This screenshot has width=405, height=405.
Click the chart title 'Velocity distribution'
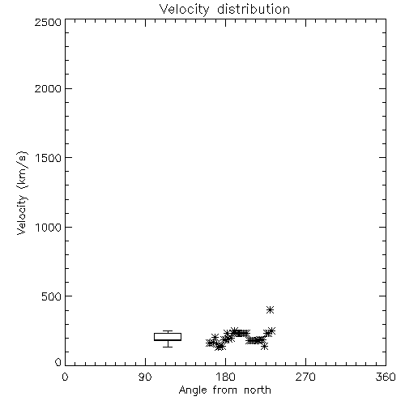[x=224, y=9]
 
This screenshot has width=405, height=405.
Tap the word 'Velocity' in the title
[x=184, y=10]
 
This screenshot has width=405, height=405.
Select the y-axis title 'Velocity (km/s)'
[x=22, y=193]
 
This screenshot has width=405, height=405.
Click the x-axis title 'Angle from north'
[x=224, y=390]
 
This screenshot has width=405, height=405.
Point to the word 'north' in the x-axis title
[x=258, y=390]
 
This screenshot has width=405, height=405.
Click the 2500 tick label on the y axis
[x=48, y=22]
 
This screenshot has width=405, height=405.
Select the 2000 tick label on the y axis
[x=48, y=88]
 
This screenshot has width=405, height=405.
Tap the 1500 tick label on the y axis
[x=49, y=158]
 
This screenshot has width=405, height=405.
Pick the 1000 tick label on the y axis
[x=49, y=227]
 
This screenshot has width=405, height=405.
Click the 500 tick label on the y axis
[x=52, y=296]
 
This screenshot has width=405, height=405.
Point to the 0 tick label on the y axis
[x=58, y=362]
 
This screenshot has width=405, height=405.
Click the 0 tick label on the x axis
[x=65, y=377]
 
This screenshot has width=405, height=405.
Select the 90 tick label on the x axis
[x=145, y=377]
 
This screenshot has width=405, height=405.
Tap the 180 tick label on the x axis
[x=225, y=377]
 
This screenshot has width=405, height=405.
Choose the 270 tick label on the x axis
[x=305, y=377]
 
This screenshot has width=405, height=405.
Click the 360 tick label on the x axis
[x=386, y=377]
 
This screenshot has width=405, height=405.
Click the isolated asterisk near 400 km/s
[x=270, y=309]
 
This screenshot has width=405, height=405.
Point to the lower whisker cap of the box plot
[x=168, y=347]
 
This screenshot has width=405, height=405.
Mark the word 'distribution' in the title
[x=254, y=9]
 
